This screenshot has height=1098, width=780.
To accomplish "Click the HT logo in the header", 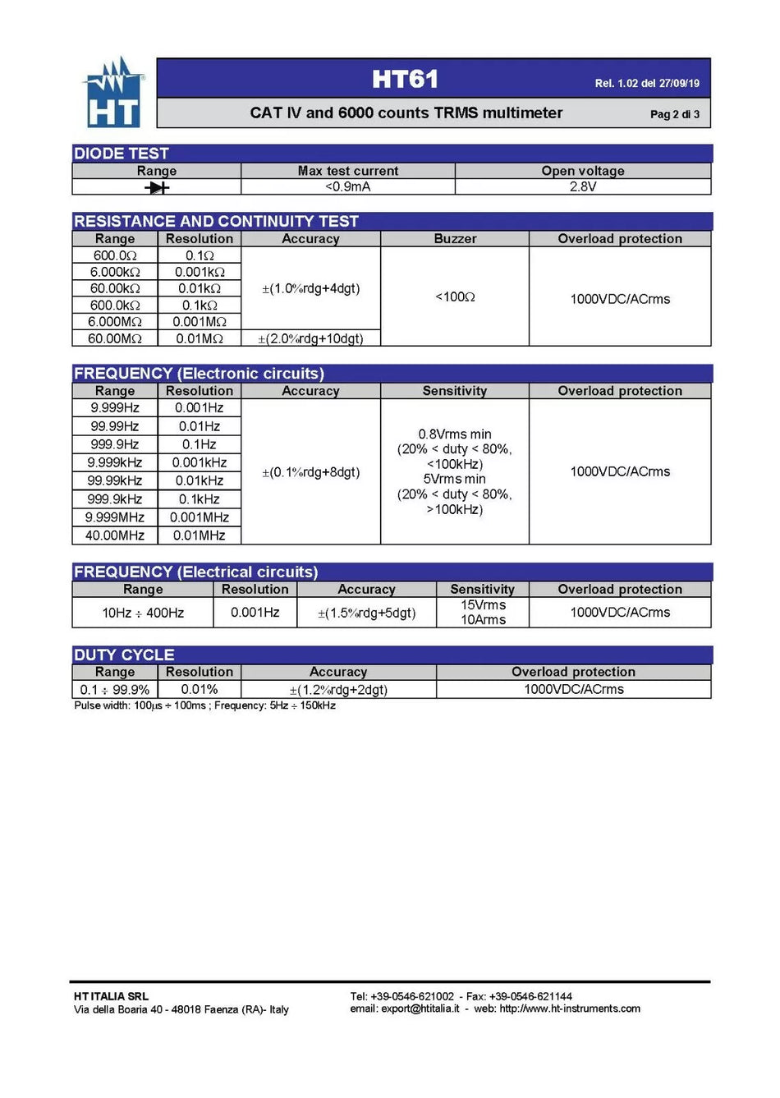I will click(x=113, y=93).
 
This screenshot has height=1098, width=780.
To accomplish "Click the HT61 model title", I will click(x=405, y=80).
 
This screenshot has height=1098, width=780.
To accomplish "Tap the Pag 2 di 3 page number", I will click(x=674, y=114).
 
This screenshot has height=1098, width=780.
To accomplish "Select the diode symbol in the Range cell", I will click(x=157, y=187).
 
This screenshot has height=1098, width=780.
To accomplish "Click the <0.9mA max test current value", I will click(x=347, y=186).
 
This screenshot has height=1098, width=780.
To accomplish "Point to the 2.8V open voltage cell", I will click(x=582, y=186).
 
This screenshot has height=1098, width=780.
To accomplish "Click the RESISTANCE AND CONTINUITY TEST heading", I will click(x=216, y=221).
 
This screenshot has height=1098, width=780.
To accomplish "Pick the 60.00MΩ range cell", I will click(x=115, y=338).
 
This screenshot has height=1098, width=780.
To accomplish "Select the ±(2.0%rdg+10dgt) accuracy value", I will click(x=310, y=338).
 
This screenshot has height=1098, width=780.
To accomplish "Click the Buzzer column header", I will click(x=455, y=239).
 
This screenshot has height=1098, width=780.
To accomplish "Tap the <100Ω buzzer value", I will click(x=455, y=296).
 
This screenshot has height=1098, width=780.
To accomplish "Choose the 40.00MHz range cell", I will click(x=115, y=535).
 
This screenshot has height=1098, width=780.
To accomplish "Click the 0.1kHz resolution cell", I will click(x=200, y=499).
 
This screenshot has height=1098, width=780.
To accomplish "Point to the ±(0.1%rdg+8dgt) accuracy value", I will click(x=310, y=472).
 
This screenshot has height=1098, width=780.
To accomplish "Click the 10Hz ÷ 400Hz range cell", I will click(x=143, y=613).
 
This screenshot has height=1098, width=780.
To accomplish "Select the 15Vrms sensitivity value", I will click(x=483, y=605).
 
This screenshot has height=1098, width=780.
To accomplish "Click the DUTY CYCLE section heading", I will click(x=124, y=655).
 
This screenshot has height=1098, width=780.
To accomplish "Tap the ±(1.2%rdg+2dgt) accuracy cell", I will click(x=338, y=690).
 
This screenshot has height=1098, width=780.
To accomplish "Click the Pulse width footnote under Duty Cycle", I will click(x=204, y=705).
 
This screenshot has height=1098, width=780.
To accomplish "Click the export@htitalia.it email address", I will click(x=420, y=1008).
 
